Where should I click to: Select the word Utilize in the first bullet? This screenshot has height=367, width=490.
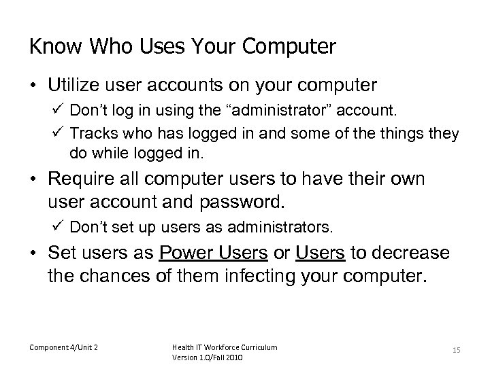pyautogui.click(x=73, y=86)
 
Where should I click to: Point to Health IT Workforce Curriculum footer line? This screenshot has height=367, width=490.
pyautogui.click(x=224, y=347)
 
